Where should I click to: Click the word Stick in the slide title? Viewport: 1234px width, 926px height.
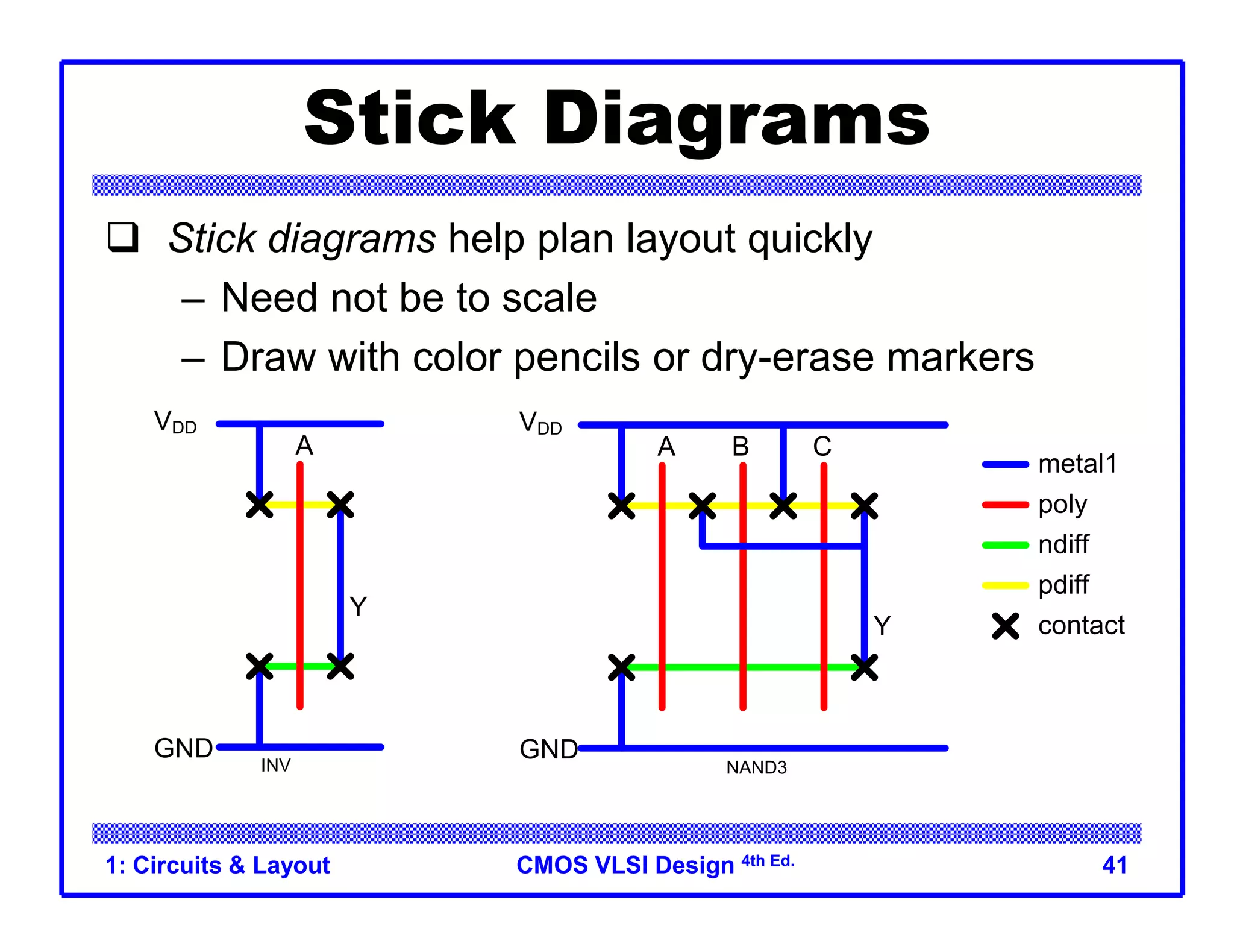pyautogui.click(x=410, y=118)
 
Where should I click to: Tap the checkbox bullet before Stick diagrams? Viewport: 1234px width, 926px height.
pyautogui.click(x=123, y=237)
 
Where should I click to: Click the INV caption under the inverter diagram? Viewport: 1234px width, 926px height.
pyautogui.click(x=275, y=766)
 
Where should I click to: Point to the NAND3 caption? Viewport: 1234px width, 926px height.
pyautogui.click(x=756, y=768)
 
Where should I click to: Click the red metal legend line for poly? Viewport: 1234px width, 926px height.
pyautogui.click(x=1005, y=505)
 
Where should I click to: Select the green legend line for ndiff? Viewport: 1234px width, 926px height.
pyautogui.click(x=1005, y=545)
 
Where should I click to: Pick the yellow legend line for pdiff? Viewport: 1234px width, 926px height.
pyautogui.click(x=1005, y=585)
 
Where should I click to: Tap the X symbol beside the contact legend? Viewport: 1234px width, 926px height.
pyautogui.click(x=1006, y=626)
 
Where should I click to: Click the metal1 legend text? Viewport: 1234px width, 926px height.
pyautogui.click(x=1077, y=464)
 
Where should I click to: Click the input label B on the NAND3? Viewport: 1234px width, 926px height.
pyautogui.click(x=741, y=447)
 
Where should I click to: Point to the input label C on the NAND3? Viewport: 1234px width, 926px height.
pyautogui.click(x=822, y=447)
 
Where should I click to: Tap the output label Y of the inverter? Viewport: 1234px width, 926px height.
pyautogui.click(x=358, y=606)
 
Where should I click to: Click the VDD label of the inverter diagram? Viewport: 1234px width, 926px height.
pyautogui.click(x=175, y=422)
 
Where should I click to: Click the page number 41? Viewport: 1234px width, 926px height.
pyautogui.click(x=1114, y=865)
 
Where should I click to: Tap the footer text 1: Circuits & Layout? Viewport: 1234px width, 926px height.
pyautogui.click(x=218, y=865)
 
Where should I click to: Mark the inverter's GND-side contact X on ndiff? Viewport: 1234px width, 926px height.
pyautogui.click(x=260, y=666)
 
